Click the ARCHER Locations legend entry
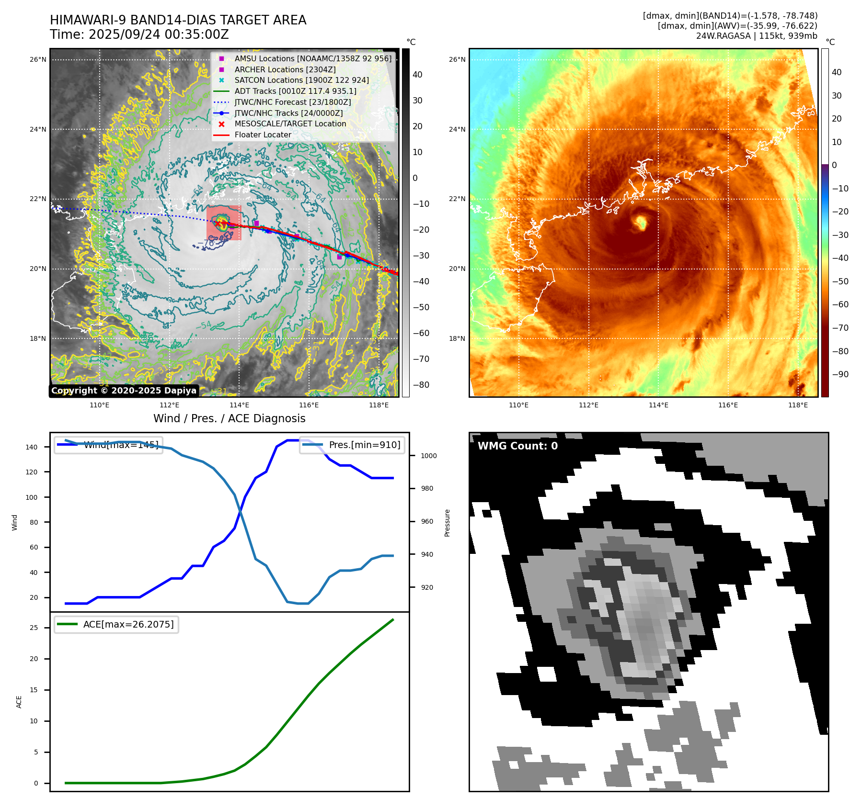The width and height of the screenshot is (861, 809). coord(285,69)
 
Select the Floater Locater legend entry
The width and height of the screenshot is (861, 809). coord(263,135)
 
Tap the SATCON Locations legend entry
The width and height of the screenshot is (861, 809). coord(301,80)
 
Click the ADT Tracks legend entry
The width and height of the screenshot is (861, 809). coord(295,91)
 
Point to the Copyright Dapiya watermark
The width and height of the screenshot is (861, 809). coord(124,391)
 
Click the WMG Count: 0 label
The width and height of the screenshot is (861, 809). coord(517,446)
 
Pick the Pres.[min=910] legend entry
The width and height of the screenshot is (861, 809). coord(364,445)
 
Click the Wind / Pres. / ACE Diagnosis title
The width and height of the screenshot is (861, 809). coord(229,418)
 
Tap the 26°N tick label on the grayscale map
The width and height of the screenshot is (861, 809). coord(38,60)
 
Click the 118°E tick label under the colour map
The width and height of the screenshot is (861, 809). coord(798,405)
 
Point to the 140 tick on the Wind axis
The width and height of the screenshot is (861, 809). coord(32,447)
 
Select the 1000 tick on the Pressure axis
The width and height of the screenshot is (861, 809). coord(428,456)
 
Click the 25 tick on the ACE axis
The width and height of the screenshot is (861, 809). coord(34,628)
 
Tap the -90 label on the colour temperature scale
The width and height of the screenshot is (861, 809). coord(840,374)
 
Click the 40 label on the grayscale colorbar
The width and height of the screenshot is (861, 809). coord(417,75)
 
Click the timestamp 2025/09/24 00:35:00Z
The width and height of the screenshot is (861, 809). coord(159,35)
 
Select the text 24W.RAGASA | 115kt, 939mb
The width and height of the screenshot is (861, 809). coord(757,36)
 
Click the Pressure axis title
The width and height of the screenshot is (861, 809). coord(447,522)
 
